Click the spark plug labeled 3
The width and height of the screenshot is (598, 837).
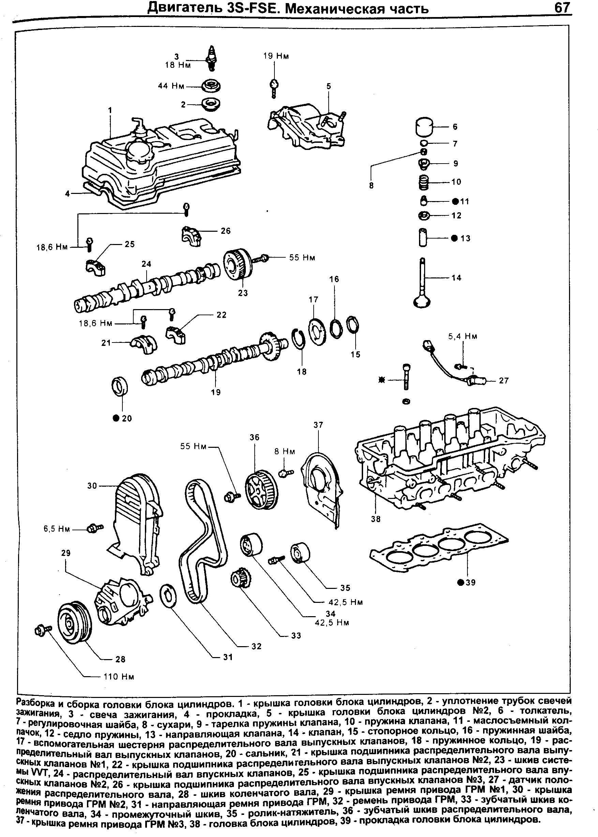211,57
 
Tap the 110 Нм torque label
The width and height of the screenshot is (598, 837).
119,676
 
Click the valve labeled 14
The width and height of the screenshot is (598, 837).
422,283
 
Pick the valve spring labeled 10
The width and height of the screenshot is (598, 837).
424,182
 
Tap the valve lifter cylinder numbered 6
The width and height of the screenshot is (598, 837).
424,127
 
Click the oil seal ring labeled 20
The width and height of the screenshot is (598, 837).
120,386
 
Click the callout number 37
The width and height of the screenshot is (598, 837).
318,425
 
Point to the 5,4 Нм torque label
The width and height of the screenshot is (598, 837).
463,336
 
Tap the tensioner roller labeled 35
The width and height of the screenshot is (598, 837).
300,552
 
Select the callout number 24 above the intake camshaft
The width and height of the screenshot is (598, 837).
146,264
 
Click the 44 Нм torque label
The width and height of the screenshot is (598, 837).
170,86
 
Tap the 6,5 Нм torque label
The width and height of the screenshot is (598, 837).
57,529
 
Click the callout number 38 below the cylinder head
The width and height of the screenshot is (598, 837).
376,519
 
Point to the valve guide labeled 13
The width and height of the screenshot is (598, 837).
423,238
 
